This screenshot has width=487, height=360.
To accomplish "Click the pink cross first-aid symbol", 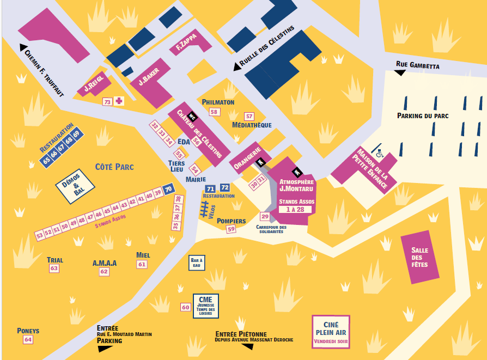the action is (x=119, y=101).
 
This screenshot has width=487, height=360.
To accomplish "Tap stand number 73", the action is (x=107, y=102).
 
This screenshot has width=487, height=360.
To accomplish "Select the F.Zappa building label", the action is (x=186, y=42).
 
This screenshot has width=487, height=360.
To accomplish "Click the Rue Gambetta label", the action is (x=417, y=65).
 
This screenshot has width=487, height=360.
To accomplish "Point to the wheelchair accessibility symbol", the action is (x=380, y=153).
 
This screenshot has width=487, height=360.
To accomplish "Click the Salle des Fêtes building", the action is (x=420, y=257).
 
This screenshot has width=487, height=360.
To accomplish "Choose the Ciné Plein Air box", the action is (x=331, y=332).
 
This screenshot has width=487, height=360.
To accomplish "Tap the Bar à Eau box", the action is (x=197, y=263).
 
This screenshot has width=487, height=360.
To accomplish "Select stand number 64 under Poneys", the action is (x=28, y=339).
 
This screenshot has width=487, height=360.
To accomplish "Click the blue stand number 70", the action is (x=168, y=189).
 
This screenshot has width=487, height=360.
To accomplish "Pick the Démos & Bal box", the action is (x=75, y=186).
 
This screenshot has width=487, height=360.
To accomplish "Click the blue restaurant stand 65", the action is (x=47, y=160).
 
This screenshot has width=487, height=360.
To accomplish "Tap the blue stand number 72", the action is (x=225, y=187).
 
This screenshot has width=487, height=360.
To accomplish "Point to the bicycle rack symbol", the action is (x=204, y=209).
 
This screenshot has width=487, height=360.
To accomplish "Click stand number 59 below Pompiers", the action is (x=231, y=229).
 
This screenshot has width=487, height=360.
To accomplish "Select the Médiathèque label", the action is (x=252, y=125).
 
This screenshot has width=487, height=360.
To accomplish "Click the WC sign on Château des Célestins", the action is (x=193, y=117).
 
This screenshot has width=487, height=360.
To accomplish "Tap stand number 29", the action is (x=265, y=217).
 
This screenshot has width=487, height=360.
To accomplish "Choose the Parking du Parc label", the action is (x=423, y=116).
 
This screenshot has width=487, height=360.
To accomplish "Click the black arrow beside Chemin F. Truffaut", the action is (x=23, y=47).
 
